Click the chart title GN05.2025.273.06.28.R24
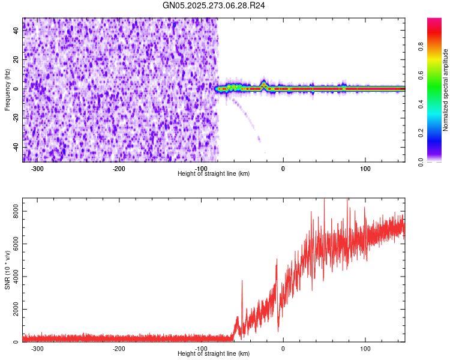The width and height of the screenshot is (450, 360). [214, 5]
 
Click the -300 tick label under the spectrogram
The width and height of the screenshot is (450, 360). [37, 169]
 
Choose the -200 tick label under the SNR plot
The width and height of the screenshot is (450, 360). [119, 349]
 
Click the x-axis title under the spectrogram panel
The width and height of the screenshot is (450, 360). [214, 173]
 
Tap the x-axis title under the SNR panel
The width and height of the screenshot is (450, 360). [214, 353]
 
